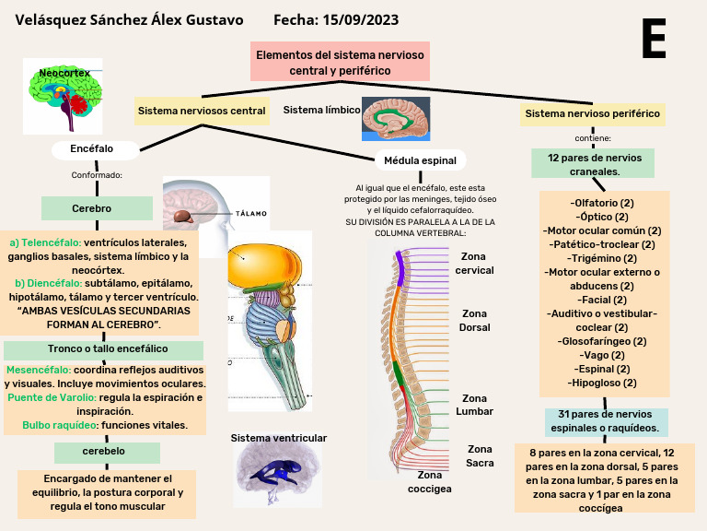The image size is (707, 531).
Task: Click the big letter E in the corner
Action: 654,40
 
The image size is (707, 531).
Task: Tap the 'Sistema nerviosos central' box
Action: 202,112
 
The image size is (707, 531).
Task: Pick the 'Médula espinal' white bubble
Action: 420,160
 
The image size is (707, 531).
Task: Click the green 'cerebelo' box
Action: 103,452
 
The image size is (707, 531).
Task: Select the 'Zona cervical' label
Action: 476,264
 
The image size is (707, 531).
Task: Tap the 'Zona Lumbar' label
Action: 475,405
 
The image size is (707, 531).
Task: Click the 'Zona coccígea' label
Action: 430,481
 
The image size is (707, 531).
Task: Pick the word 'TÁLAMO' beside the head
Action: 251,213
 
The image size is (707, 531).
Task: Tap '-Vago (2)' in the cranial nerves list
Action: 603,355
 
